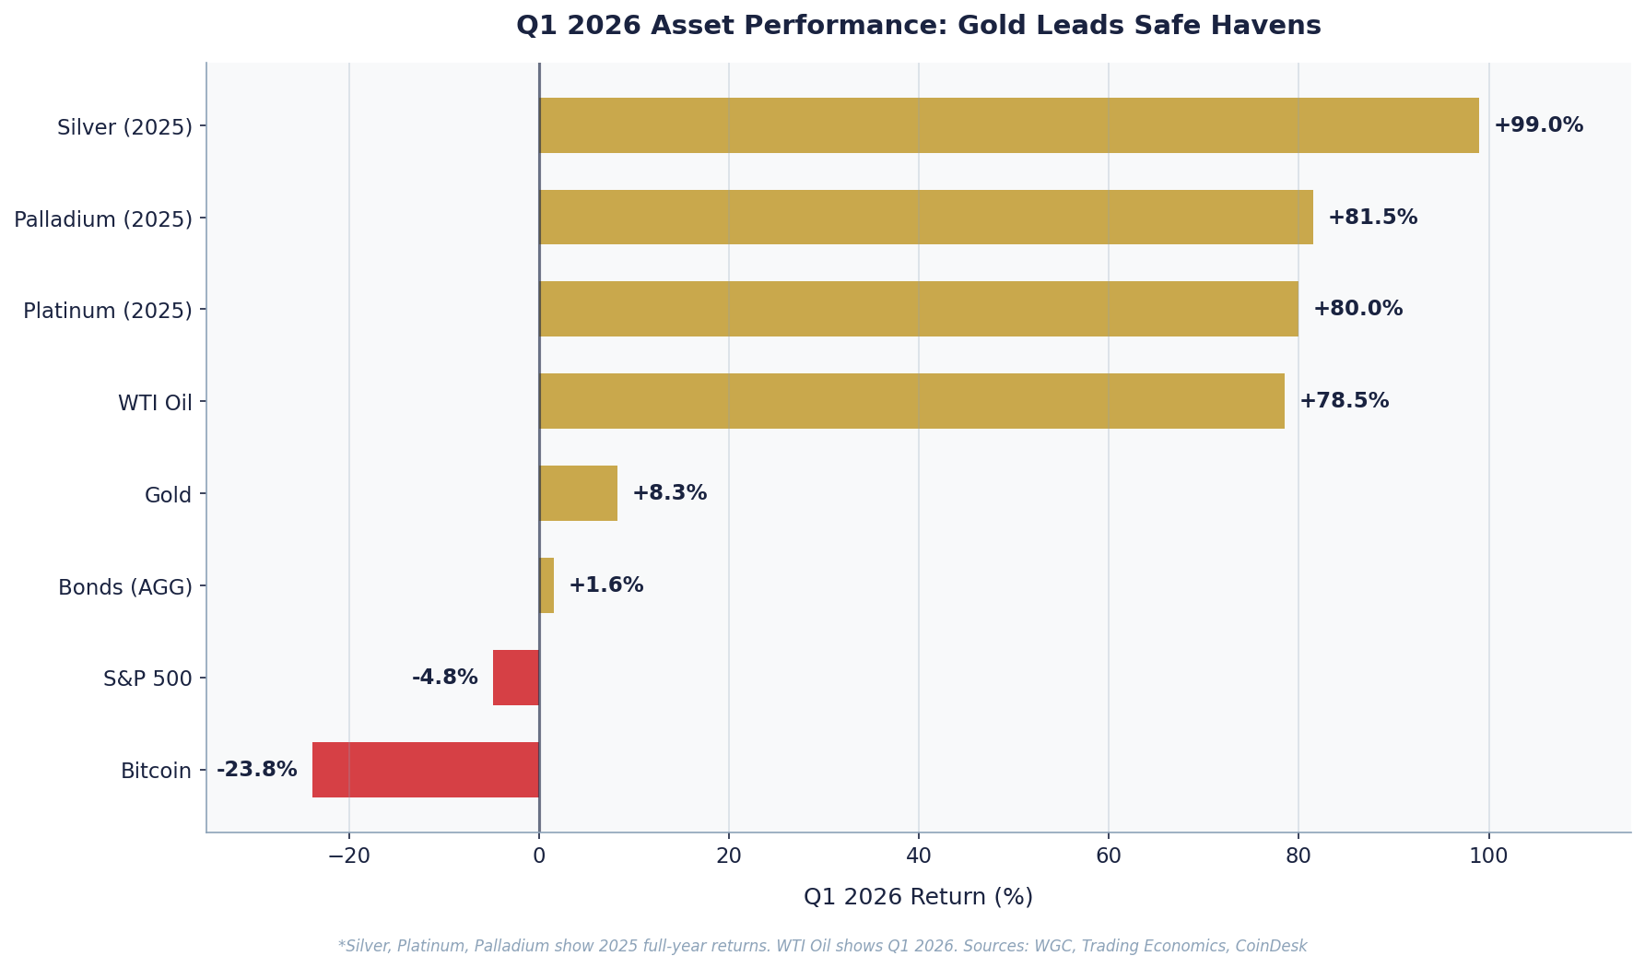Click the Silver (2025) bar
point(1008,125)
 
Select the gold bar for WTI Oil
point(911,401)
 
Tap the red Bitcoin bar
point(425,770)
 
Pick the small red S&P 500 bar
point(516,678)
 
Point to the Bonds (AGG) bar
point(546,585)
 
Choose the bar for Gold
point(578,493)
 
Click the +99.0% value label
point(1538,125)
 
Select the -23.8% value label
point(257,770)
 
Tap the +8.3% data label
point(669,493)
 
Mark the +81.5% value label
point(1372,218)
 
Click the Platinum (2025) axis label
point(108,311)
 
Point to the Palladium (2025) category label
point(103,219)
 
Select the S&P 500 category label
point(147,679)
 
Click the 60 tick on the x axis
point(1109,856)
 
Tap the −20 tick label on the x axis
point(349,856)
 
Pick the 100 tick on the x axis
point(1488,856)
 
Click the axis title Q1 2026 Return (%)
point(918,897)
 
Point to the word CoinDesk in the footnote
point(1274,946)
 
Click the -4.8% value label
point(445,678)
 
